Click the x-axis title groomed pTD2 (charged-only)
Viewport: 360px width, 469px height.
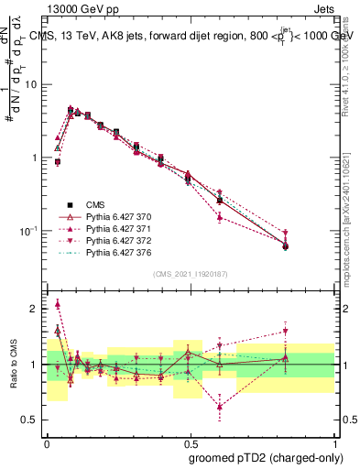pos(267,457)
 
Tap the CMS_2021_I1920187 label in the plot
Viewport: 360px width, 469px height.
pos(191,274)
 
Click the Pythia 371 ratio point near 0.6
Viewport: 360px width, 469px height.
pos(220,407)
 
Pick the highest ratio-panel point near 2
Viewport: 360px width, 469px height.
pos(58,304)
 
